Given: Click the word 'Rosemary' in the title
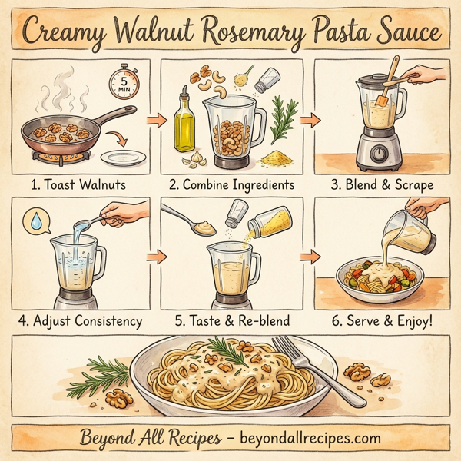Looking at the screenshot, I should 271,32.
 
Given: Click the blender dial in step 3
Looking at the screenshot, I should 377,154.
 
